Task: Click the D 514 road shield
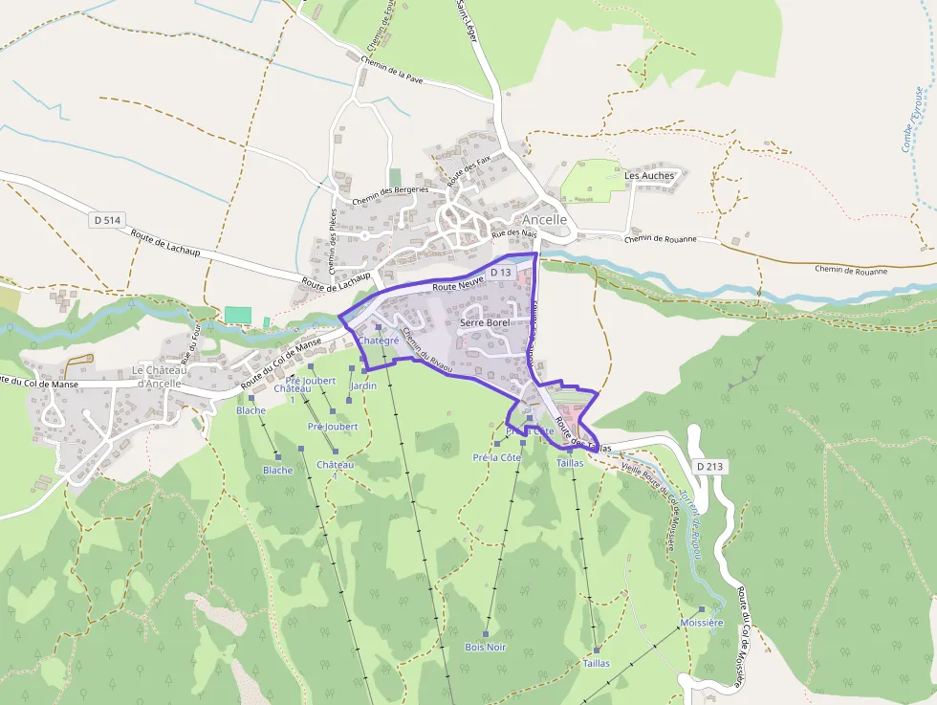tap(109, 220)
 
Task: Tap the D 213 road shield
tap(709, 466)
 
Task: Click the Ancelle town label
tap(544, 219)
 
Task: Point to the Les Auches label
tap(649, 176)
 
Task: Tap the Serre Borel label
tap(485, 323)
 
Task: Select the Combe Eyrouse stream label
tap(913, 120)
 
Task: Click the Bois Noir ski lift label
tap(485, 648)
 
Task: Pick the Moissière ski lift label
tap(701, 623)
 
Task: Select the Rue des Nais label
tap(514, 232)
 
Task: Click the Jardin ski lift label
tap(364, 386)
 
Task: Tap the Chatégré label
tap(378, 341)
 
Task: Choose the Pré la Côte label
tap(497, 457)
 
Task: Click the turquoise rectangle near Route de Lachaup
tap(237, 315)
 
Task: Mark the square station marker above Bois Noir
tap(486, 633)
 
